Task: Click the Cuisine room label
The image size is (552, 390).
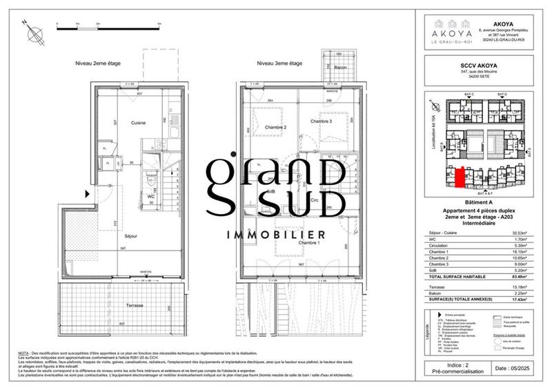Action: point(138,122)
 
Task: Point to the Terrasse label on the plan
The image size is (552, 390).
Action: point(135,305)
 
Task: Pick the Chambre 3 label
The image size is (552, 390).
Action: point(321,121)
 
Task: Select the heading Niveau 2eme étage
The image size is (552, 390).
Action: point(98,64)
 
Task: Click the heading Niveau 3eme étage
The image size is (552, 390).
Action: point(279,64)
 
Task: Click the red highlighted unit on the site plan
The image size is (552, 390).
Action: point(458,177)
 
